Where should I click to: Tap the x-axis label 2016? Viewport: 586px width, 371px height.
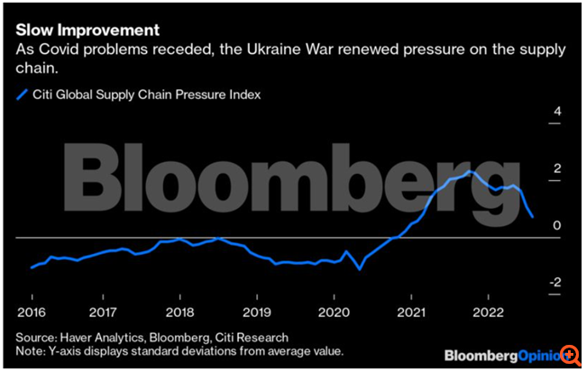(32, 312)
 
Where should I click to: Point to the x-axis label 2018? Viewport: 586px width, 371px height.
(180, 312)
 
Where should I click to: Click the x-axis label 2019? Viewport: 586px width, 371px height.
(257, 312)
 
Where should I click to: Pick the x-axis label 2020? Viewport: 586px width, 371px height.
(333, 312)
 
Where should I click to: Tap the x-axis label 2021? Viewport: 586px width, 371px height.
(410, 312)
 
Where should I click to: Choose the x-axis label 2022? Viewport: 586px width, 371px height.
(487, 312)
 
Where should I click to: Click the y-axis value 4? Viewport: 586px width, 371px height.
(557, 112)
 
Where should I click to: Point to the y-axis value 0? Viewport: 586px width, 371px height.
(557, 225)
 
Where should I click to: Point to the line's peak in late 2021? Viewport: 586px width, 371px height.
(469, 171)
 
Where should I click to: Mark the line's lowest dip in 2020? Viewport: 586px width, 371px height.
(359, 268)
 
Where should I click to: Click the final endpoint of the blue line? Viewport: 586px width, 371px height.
(532, 217)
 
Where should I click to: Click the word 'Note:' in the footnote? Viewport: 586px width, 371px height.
(33, 350)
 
